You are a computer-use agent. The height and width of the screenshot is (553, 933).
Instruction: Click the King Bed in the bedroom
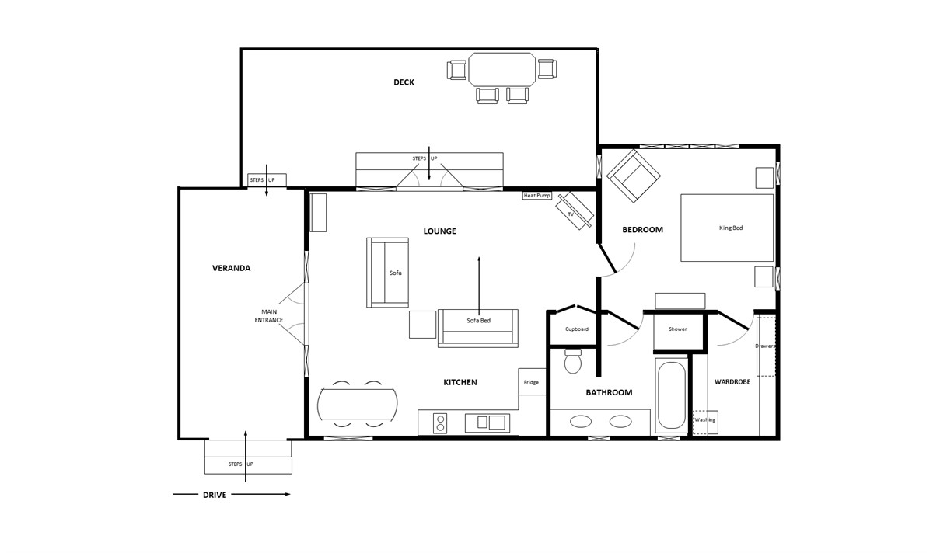(727, 228)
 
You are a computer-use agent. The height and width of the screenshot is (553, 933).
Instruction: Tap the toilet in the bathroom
(573, 361)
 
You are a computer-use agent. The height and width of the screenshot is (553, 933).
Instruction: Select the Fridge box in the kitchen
(532, 382)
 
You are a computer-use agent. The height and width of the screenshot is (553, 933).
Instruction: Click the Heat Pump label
(537, 196)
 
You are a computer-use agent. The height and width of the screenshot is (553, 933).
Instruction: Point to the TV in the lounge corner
(575, 210)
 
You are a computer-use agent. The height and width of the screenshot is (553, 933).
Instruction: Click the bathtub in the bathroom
(670, 395)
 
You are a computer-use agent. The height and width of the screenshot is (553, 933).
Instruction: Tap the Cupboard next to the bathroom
(576, 329)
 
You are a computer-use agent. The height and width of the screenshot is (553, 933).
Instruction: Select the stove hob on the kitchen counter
(440, 423)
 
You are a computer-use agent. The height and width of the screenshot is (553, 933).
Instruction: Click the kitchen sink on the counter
(487, 423)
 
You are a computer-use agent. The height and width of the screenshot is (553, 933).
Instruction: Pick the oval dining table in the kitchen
(358, 404)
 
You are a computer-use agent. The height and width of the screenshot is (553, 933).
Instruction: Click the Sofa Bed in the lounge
(478, 328)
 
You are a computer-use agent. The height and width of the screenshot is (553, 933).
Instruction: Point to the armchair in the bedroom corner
(633, 176)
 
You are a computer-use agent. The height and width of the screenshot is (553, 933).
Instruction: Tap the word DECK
(404, 82)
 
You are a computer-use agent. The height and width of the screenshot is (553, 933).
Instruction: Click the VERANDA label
(231, 269)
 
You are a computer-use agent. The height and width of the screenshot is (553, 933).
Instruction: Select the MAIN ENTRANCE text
(269, 316)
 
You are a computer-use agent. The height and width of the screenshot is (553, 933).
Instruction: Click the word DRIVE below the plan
(215, 495)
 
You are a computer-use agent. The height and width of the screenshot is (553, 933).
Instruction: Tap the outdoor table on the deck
(502, 69)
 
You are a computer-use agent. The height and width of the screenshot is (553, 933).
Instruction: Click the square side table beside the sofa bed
(422, 325)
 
